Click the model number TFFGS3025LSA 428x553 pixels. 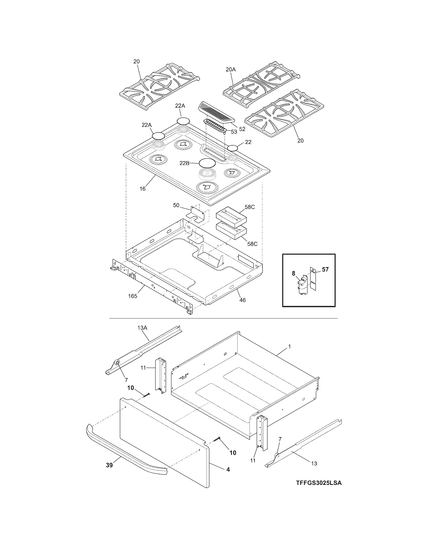319,490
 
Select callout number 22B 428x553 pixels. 184,163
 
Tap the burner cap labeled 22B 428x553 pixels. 207,163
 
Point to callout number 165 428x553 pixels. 132,296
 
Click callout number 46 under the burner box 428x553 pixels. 242,300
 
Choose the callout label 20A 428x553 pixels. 230,69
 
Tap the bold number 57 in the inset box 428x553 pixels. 325,269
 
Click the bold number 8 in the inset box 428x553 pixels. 294,273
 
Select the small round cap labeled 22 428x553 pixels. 233,148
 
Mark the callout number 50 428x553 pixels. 176,205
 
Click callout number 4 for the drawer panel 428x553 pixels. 228,469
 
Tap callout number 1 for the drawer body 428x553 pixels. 290,346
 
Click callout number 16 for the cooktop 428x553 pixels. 143,189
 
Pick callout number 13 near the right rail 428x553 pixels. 314,464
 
